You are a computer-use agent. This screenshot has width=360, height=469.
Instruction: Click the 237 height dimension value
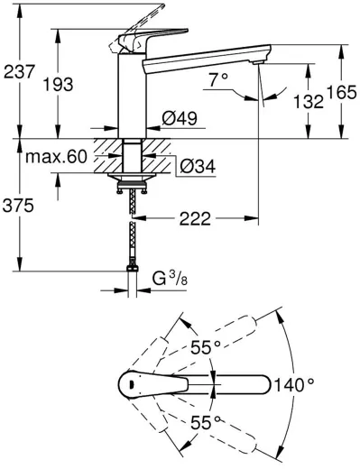[x=19, y=73]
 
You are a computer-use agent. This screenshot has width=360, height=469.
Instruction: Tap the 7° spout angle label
[x=217, y=81]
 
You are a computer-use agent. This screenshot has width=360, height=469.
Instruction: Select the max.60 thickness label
[x=56, y=158]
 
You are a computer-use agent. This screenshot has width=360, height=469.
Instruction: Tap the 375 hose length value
[x=19, y=206]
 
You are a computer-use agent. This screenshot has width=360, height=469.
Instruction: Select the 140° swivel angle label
[x=297, y=383]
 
